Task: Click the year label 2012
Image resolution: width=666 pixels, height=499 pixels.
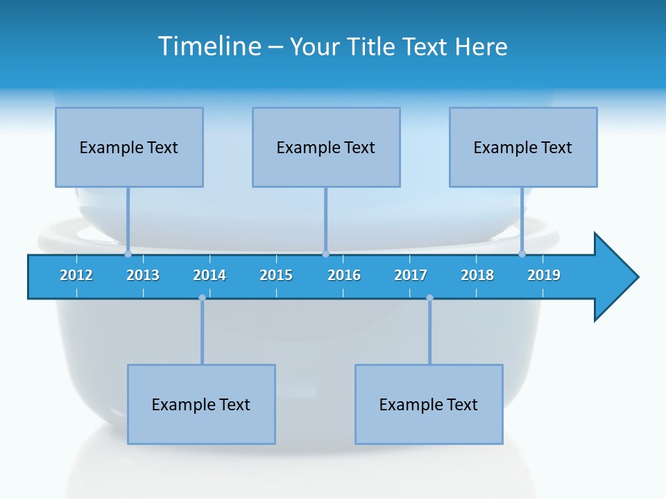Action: pos(76,275)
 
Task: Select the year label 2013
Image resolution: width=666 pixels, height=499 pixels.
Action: pos(143,275)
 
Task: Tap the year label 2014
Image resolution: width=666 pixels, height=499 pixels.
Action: pos(210,275)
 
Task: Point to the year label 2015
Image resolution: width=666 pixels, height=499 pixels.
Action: pos(276,275)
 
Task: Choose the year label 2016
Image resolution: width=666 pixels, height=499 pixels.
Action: pos(344,275)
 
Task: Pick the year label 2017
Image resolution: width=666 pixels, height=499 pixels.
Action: pos(411,275)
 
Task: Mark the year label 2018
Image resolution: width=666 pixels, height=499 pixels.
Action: pos(477,275)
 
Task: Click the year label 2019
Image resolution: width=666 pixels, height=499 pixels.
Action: pos(544,275)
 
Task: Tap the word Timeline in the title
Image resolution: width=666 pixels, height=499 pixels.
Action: pos(207,46)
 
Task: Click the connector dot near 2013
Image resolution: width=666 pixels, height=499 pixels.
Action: pos(128,254)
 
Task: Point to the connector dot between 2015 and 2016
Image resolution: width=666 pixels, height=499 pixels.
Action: pos(325,254)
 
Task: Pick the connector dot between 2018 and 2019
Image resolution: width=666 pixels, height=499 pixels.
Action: pos(522,254)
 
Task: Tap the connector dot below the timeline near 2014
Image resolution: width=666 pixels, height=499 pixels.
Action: pos(202,298)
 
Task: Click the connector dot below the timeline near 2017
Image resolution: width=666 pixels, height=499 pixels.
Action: pos(429,298)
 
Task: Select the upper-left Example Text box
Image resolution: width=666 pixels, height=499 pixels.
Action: pos(129,147)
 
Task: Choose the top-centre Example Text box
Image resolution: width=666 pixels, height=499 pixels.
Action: pos(326,147)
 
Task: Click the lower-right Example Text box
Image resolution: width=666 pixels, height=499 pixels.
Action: pos(429,404)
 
